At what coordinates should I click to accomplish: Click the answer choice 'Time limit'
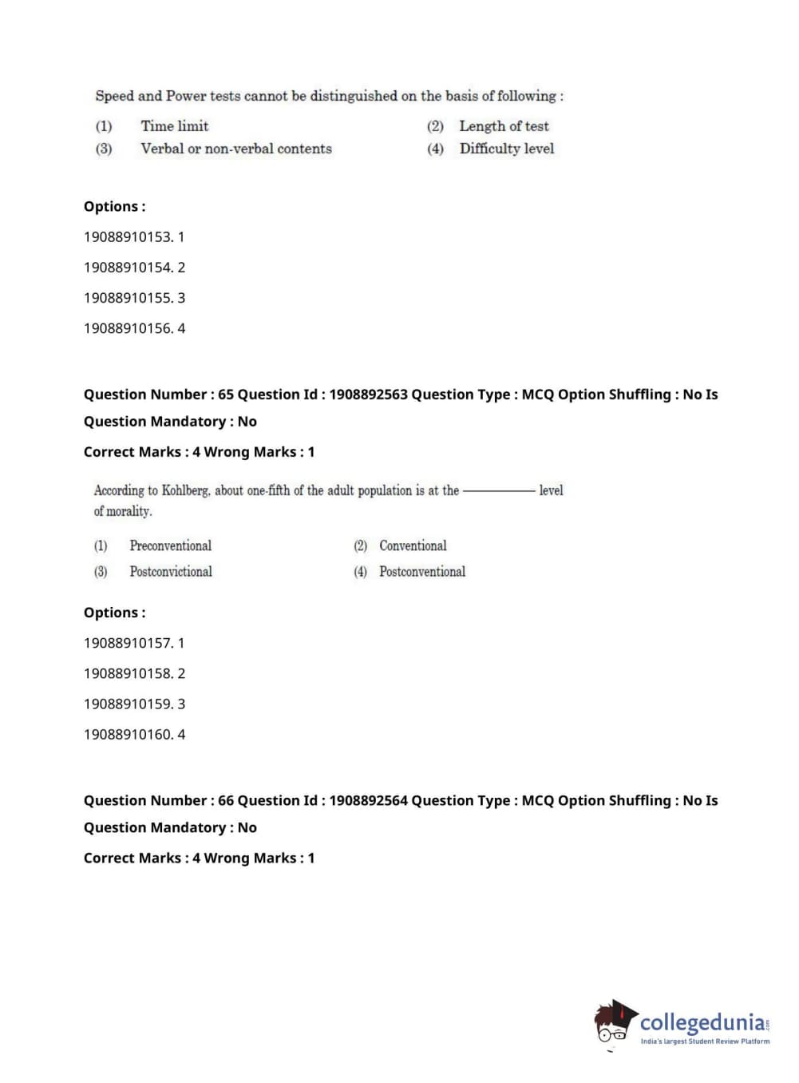coord(174,126)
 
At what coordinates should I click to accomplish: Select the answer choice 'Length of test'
coord(504,126)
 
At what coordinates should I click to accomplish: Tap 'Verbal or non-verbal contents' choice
coord(235,149)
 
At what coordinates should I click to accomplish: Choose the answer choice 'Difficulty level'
coord(506,149)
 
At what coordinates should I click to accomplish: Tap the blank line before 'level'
coord(499,491)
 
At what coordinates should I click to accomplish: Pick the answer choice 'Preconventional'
coord(170,545)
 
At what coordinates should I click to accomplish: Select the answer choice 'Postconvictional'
coord(171,572)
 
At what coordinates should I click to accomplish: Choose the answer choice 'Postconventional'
coord(421,572)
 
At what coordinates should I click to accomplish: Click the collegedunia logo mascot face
coord(613,1023)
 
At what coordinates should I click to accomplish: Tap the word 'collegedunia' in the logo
coord(702,1022)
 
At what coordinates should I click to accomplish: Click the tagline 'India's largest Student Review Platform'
coord(705,1041)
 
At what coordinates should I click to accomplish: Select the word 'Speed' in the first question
coord(114,96)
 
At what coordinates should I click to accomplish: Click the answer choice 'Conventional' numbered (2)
coord(413,545)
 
